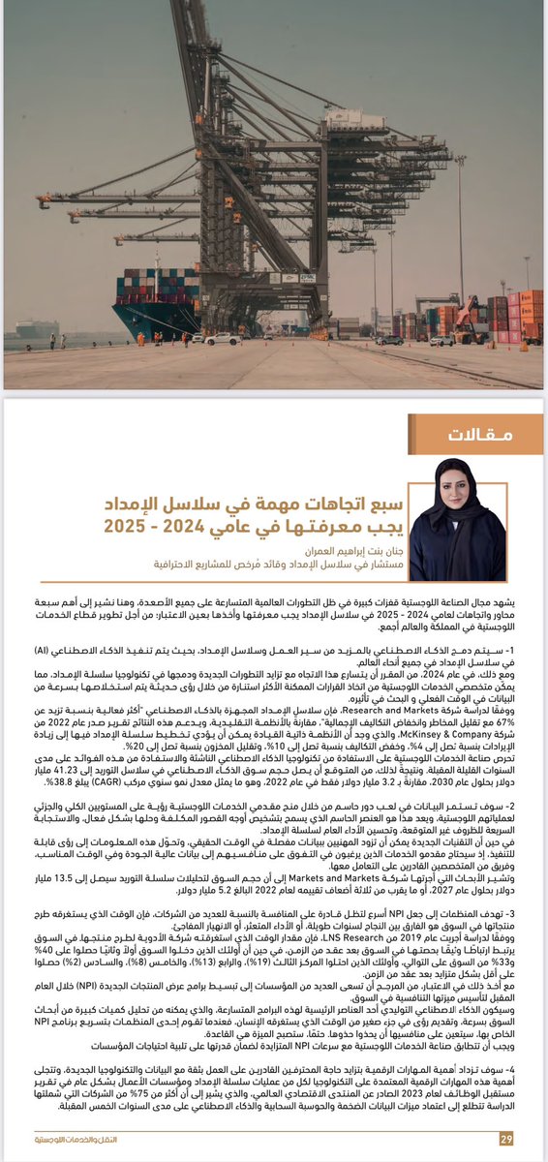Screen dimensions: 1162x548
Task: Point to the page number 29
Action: point(505,1139)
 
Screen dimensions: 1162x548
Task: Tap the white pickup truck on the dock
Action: point(222,339)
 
